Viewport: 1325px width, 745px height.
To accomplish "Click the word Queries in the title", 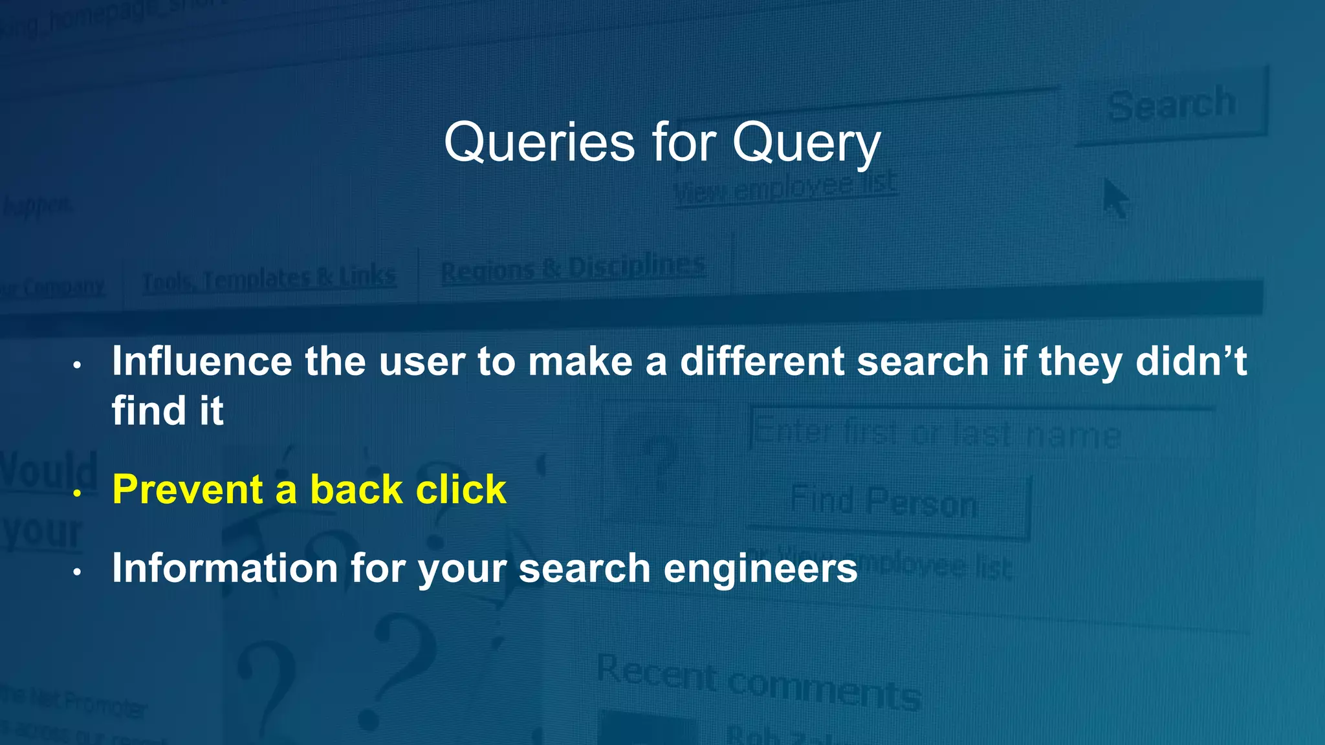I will click(x=539, y=142).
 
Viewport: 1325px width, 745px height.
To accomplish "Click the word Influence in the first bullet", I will click(x=202, y=361).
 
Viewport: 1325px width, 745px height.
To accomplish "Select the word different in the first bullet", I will click(x=762, y=361).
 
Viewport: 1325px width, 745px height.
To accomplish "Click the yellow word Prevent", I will click(x=187, y=489).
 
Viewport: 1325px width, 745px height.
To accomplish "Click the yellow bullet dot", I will click(x=77, y=494).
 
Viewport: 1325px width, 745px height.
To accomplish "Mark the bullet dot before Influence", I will click(x=77, y=366).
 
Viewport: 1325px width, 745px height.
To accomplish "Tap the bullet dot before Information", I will click(x=77, y=572).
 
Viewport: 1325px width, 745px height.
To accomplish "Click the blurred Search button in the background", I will click(x=1171, y=105).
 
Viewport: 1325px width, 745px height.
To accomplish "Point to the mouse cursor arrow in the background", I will click(x=1114, y=199).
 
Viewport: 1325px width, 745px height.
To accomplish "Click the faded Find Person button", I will click(x=885, y=503).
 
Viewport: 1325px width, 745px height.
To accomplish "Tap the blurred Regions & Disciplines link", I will click(x=573, y=269).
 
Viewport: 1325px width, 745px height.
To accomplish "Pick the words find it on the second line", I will click(x=168, y=411).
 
